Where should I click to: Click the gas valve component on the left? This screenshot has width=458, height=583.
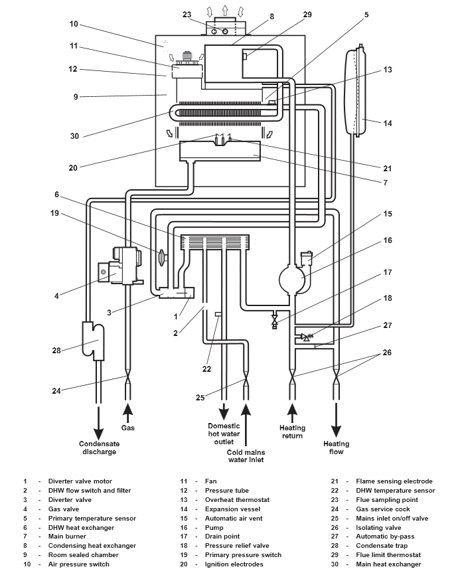122,266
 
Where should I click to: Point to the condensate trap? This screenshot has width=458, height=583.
93,337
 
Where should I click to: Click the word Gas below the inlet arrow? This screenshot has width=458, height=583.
127,428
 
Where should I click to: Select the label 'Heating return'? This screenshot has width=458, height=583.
291,432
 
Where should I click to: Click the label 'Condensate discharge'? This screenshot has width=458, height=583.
98,448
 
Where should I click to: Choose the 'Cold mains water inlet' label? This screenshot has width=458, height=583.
246,456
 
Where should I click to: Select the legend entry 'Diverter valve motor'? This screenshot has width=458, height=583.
80,481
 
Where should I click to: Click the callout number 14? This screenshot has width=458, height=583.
388,124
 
